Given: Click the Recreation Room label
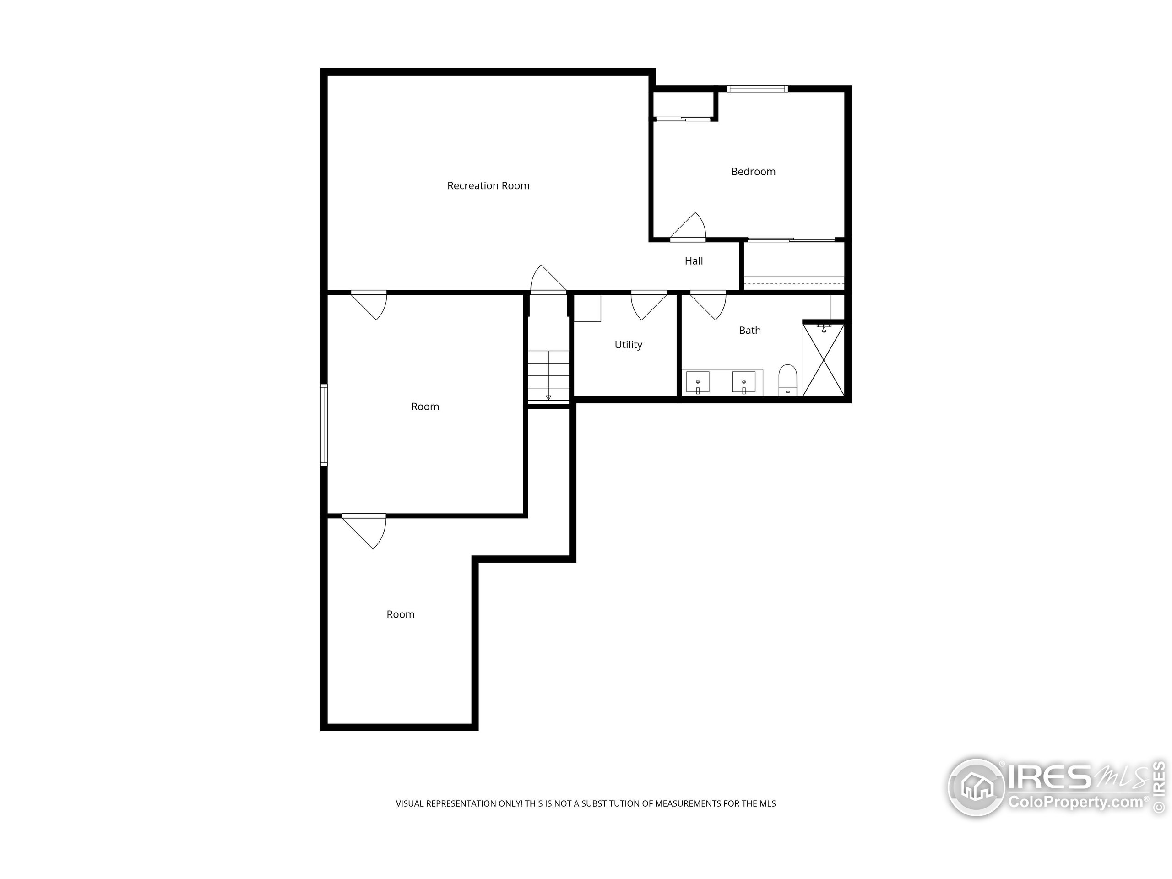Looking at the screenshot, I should coord(488,185).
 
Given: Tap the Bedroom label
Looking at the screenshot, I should coord(753,172).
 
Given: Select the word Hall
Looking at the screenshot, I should coord(694,260).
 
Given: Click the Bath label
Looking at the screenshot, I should coord(749,331).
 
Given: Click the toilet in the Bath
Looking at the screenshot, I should coord(787,380).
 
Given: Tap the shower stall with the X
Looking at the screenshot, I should coord(823,360).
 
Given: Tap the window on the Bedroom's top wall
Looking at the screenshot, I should coord(757,89).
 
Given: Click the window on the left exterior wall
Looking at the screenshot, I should coord(324,425).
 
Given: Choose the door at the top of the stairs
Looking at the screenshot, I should coord(548,279).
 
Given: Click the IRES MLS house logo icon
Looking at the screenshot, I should coord(976,787).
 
